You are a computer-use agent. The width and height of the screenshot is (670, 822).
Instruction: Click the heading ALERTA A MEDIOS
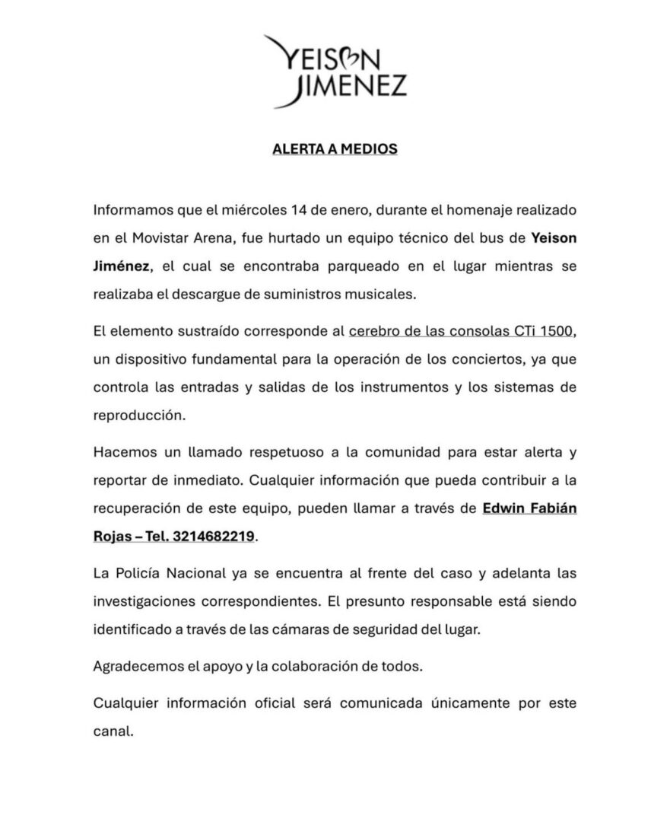tap(335, 149)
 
